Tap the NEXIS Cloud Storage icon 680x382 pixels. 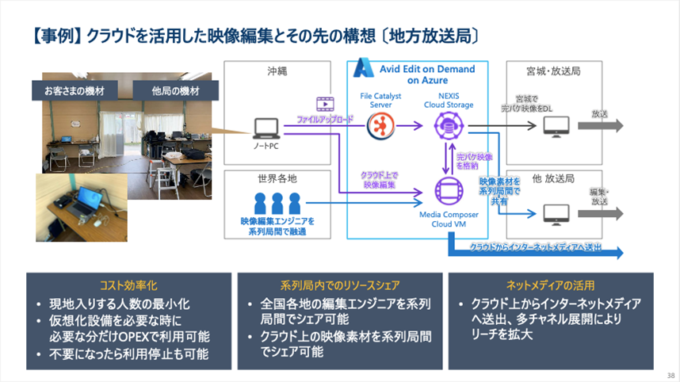[x=448, y=124]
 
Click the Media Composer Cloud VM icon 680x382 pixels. [x=448, y=193]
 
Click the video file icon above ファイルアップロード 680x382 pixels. [x=324, y=103]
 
